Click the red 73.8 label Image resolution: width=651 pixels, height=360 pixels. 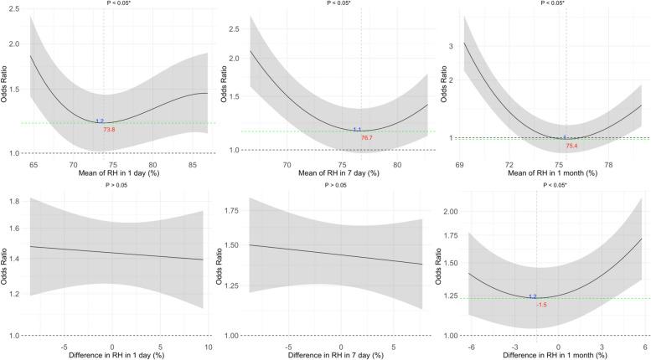pos(109,131)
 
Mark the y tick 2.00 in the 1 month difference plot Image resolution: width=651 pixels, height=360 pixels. pos(447,213)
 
